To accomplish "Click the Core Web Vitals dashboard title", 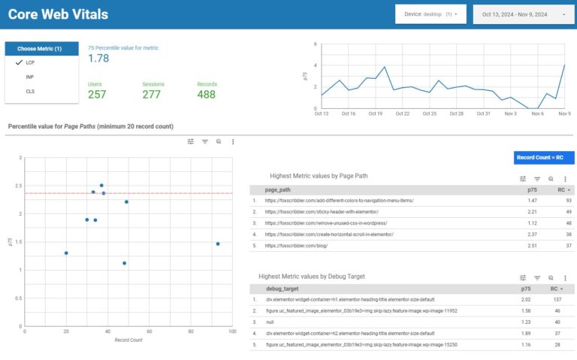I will click(x=58, y=14).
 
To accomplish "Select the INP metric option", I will click(x=29, y=77).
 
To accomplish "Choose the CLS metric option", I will click(x=30, y=91).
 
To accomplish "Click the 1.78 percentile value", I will click(x=99, y=59).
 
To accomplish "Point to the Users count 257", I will click(x=97, y=95).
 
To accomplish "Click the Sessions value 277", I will click(x=151, y=95).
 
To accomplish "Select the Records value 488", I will click(x=206, y=95).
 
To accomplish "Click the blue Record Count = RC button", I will click(x=544, y=157).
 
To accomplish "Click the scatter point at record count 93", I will click(x=218, y=244).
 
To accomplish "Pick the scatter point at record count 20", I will click(x=66, y=253).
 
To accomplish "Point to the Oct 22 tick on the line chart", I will click(x=402, y=113).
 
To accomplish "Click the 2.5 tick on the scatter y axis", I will click(x=20, y=186).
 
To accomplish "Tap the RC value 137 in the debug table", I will click(x=557, y=299).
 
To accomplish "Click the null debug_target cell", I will click(x=270, y=322).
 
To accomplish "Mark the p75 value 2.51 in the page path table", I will click(x=533, y=246).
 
